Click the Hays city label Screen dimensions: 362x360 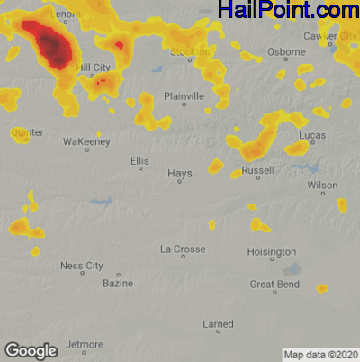[180, 173]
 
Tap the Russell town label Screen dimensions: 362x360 [258, 169]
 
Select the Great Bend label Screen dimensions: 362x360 [274, 285]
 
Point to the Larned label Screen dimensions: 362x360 [219, 323]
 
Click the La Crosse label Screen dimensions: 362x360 [183, 249]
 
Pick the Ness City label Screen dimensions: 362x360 [82, 266]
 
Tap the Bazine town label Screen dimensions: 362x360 [118, 284]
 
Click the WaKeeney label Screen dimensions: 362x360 [86, 142]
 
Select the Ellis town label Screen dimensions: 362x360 [139, 161]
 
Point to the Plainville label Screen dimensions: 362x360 [184, 96]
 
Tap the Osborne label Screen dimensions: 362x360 [287, 51]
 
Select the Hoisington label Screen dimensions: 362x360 [272, 251]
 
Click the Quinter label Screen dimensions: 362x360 [26, 132]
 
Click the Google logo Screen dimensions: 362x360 [31, 350]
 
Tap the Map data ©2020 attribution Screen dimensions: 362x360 [321, 355]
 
